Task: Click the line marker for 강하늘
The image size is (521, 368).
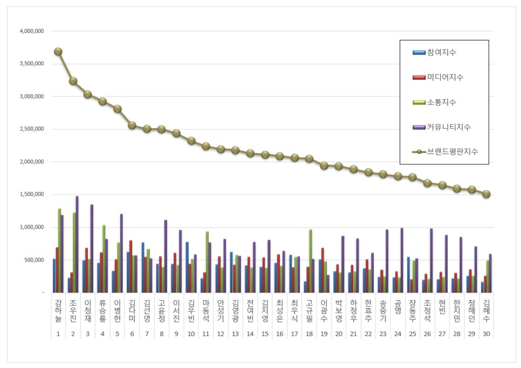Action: coord(58,52)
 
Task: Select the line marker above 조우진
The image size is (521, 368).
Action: coord(73,81)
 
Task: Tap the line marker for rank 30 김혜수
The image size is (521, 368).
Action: coord(486,194)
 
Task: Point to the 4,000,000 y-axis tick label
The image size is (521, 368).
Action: coord(31,31)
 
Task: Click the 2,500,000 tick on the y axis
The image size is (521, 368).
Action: coord(31,129)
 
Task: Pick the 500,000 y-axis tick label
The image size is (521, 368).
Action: coord(35,260)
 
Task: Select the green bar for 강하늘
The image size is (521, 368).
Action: coord(59,251)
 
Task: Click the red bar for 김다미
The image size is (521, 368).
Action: coord(131,266)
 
